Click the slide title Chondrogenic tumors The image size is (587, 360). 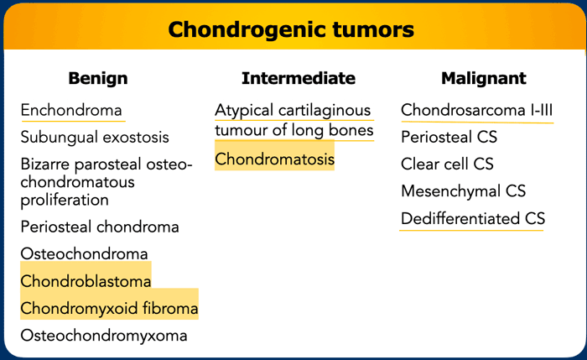[291, 29]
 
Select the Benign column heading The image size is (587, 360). [98, 79]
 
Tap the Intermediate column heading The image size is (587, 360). [299, 78]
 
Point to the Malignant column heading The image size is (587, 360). [484, 79]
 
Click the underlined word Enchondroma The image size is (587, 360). [71, 110]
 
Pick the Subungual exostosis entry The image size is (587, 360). [95, 137]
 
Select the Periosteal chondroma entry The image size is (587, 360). [100, 227]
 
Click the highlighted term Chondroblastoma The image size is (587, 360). [86, 281]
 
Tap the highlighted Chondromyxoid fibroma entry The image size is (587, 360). [109, 308]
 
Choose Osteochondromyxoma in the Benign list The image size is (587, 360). [104, 336]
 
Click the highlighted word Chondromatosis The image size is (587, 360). [274, 159]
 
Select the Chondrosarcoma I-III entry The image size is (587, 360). [476, 110]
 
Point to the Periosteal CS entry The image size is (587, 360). [449, 137]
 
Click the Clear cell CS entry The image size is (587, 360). [447, 164]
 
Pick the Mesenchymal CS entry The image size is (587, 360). [463, 191]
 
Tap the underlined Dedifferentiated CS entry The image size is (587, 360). [473, 218]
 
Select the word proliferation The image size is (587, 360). [65, 200]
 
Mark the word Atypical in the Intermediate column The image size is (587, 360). [244, 111]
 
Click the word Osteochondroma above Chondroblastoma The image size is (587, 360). [84, 253]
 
